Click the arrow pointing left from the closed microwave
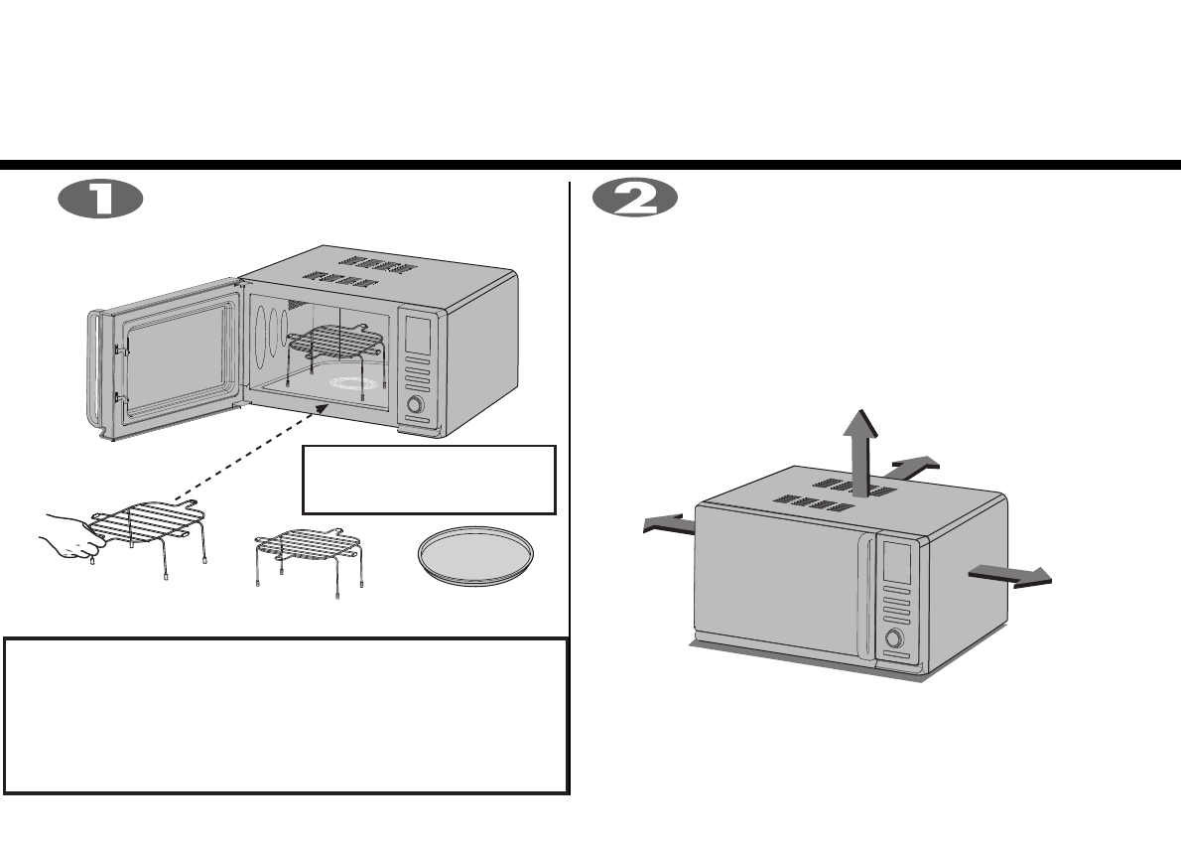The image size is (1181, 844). (667, 524)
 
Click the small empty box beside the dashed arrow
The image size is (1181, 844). (428, 480)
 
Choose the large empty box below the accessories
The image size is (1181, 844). (286, 715)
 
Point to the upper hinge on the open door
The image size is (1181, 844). (119, 349)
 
